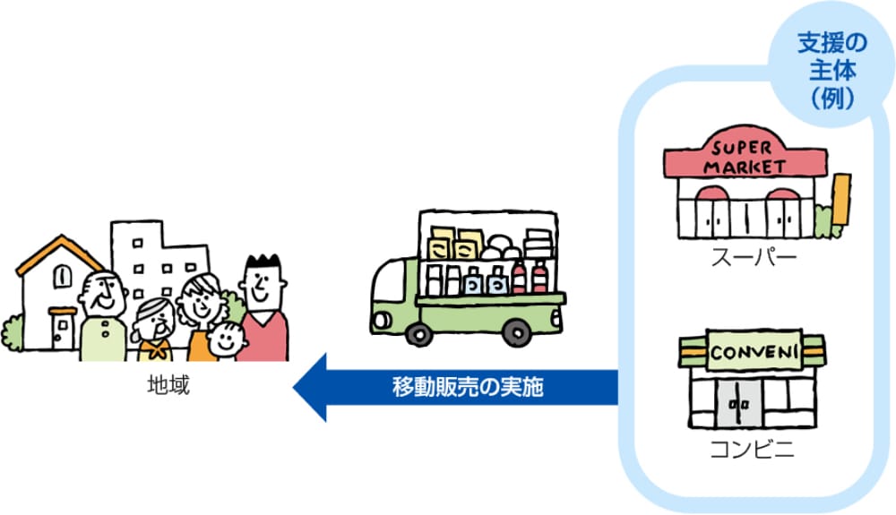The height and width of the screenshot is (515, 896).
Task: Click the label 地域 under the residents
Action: click(x=168, y=387)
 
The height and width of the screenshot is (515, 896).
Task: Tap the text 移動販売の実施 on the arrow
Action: click(x=468, y=388)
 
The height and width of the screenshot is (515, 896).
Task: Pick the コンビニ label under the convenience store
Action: click(x=753, y=450)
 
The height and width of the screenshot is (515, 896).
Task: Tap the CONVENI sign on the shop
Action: click(x=752, y=352)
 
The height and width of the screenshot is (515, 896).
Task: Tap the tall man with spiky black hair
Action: click(x=263, y=309)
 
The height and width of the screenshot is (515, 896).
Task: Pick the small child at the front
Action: click(x=225, y=342)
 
